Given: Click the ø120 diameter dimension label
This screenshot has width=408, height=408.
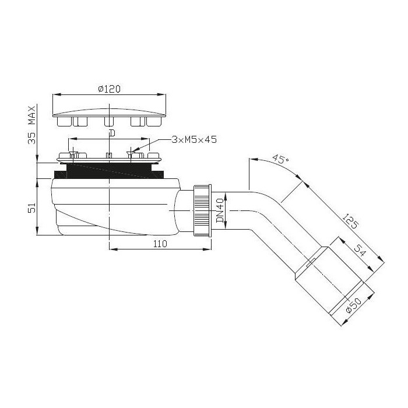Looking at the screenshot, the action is tap(110, 89).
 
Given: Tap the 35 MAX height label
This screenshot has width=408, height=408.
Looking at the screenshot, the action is tap(31, 125).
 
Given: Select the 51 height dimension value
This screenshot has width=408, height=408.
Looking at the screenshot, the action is tap(31, 208).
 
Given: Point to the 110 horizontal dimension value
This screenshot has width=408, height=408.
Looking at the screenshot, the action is tap(160, 244).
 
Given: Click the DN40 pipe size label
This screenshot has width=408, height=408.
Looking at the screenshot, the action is tap(220, 210).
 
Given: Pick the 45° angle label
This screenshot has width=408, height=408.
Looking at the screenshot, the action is tap(280, 159).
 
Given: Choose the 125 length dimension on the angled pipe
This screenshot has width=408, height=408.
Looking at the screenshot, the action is tap(350, 221).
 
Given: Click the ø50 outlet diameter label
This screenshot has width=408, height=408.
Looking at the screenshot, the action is tap(353, 305).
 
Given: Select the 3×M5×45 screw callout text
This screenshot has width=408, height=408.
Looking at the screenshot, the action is tap(194, 140).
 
